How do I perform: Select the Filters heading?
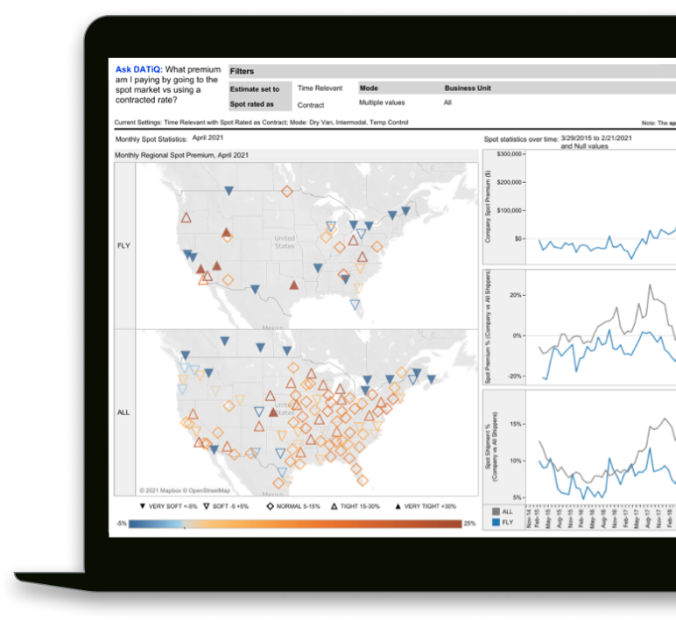pos(242,71)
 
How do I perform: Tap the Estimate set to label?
pos(255,89)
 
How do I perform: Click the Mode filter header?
pos(369,88)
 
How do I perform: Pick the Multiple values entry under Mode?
pos(381,103)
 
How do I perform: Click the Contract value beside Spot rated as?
pos(311,105)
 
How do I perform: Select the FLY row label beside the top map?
pos(123,246)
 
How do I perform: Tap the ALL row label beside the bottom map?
pos(123,412)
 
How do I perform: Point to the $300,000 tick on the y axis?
pos(510,154)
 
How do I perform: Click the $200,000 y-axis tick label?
pos(510,182)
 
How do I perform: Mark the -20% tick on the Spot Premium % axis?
pos(515,376)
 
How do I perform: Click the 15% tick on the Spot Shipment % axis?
pos(517,424)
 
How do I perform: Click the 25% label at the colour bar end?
pos(469,524)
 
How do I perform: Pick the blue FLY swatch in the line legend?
pos(495,522)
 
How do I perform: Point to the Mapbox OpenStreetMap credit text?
pos(185,491)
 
